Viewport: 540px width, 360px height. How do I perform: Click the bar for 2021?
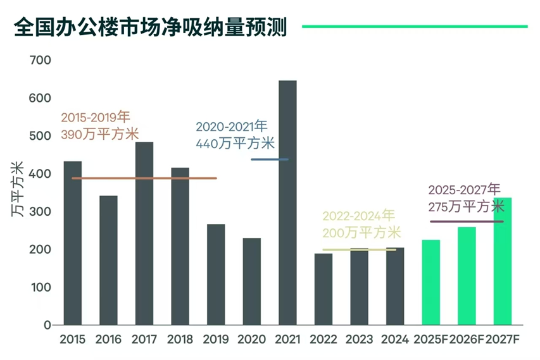287,202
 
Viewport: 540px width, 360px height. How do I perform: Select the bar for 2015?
73,243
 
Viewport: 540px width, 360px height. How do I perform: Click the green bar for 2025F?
431,282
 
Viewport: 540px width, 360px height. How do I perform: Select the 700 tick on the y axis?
40,61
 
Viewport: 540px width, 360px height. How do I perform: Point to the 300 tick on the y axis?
40,211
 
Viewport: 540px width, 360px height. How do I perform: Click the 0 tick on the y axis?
47,325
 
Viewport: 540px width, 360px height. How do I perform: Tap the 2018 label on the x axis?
180,339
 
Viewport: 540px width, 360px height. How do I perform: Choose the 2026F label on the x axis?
467,339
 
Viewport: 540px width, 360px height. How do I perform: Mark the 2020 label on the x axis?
251,339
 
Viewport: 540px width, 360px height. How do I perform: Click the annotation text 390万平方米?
99,134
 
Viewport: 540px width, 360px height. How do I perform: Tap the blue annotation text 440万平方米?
235,143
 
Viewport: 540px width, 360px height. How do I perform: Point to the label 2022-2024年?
359,216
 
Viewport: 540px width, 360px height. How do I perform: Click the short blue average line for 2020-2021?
270,159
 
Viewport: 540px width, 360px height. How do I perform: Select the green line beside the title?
415,27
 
